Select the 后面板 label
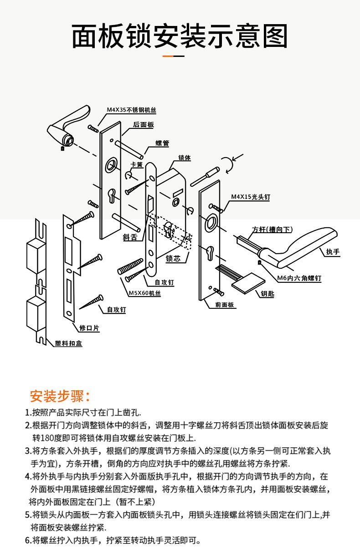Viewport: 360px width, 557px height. (143, 125)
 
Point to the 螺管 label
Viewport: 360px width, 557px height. (162, 143)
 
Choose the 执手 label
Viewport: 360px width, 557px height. (333, 252)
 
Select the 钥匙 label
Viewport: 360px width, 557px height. (267, 294)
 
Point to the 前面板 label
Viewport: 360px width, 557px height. (225, 305)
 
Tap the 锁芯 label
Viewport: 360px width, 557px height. (173, 259)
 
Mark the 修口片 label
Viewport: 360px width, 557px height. (89, 327)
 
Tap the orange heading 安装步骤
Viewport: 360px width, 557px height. (59, 396)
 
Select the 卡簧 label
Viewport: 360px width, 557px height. (137, 164)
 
